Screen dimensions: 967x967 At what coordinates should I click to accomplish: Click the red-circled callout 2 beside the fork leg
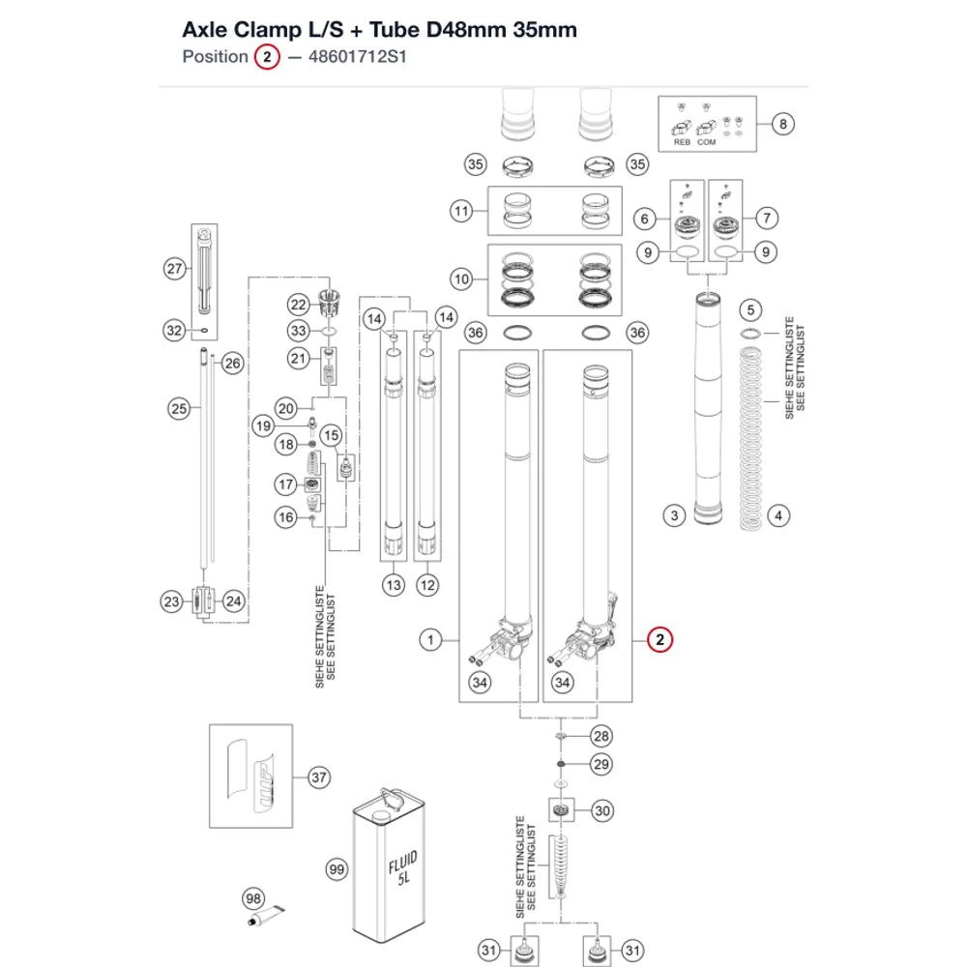(x=659, y=639)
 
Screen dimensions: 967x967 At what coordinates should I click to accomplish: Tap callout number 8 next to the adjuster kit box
(x=782, y=124)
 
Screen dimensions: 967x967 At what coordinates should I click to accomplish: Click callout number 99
(x=337, y=869)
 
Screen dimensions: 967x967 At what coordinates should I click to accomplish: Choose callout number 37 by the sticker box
(x=319, y=777)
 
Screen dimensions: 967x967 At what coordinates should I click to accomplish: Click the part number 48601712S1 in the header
(x=358, y=57)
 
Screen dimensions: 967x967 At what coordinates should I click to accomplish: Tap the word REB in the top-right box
(x=682, y=142)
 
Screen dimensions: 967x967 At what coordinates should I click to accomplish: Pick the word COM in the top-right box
(x=707, y=142)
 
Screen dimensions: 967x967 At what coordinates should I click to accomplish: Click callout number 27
(x=175, y=268)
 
